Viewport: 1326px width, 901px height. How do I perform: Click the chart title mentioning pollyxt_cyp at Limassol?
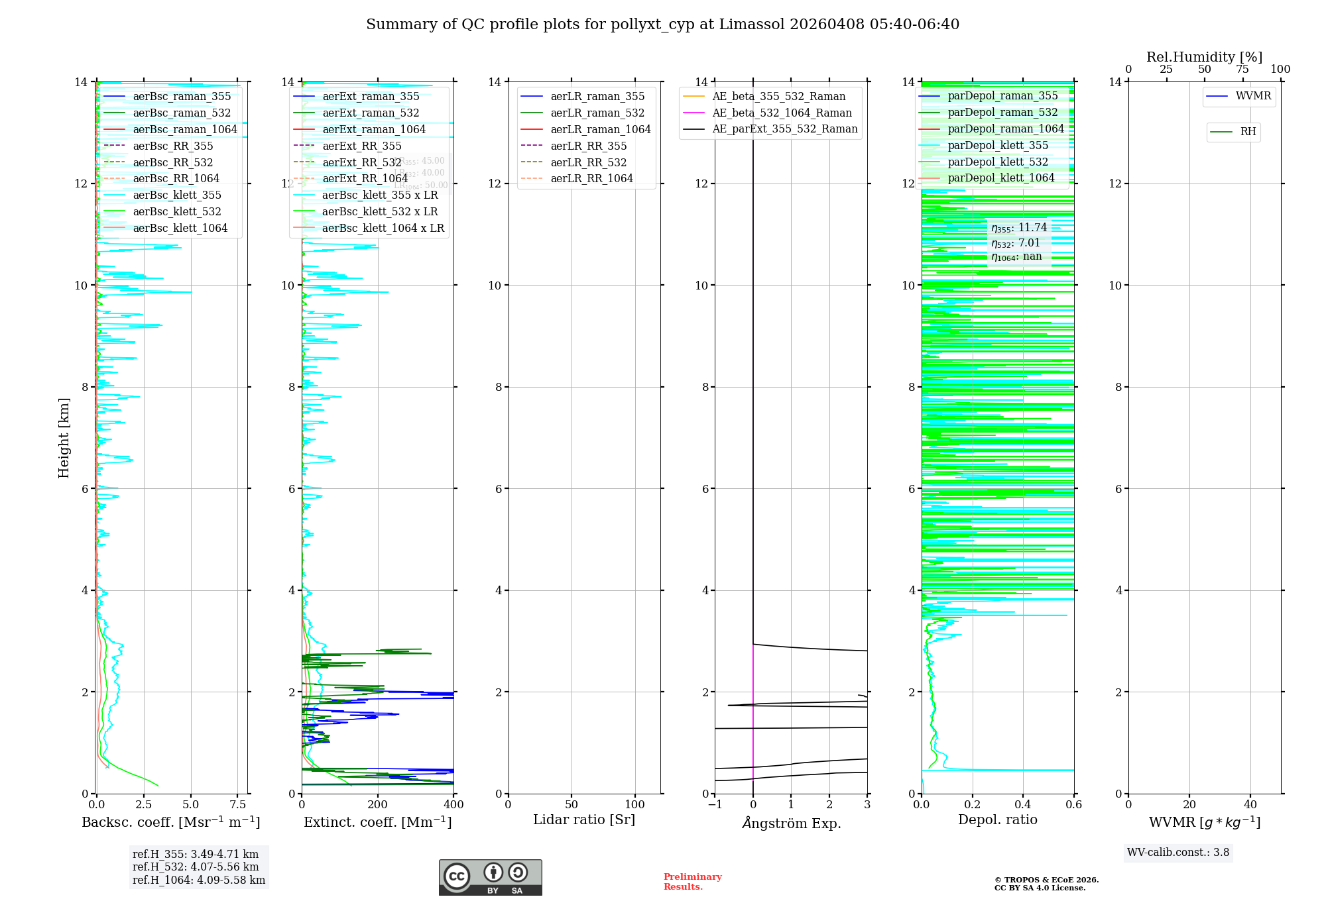pos(662,25)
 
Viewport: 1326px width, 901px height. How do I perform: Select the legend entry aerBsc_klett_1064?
pos(180,228)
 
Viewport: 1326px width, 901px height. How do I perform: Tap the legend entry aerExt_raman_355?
pos(371,96)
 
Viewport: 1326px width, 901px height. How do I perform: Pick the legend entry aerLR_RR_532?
pos(588,162)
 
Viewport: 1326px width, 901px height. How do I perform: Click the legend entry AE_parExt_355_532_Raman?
pos(784,129)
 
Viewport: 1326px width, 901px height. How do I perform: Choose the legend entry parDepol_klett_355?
pos(998,145)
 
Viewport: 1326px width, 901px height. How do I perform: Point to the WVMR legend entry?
pos(1253,96)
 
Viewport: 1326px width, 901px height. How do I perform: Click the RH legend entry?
pos(1248,132)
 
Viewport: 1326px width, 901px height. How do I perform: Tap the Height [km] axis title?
pos(64,437)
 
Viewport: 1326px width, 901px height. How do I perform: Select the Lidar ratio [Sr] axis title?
pos(584,820)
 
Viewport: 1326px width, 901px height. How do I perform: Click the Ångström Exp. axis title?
pos(791,823)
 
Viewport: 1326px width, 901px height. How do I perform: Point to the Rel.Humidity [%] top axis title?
pos(1204,57)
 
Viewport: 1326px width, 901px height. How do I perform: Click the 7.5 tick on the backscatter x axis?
pos(238,805)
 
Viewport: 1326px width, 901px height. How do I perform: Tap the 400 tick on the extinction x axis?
pos(454,805)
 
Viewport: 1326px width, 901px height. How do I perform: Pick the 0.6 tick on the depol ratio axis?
pos(1073,805)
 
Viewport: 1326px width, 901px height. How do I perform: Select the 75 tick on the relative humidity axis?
pos(1242,70)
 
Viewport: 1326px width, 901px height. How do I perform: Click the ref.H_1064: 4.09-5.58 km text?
pos(199,880)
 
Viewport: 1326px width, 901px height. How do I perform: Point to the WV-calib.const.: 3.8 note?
pos(1178,853)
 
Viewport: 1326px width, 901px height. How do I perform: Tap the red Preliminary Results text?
pos(692,881)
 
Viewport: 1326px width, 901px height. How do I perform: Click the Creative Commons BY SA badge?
pos(490,877)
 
